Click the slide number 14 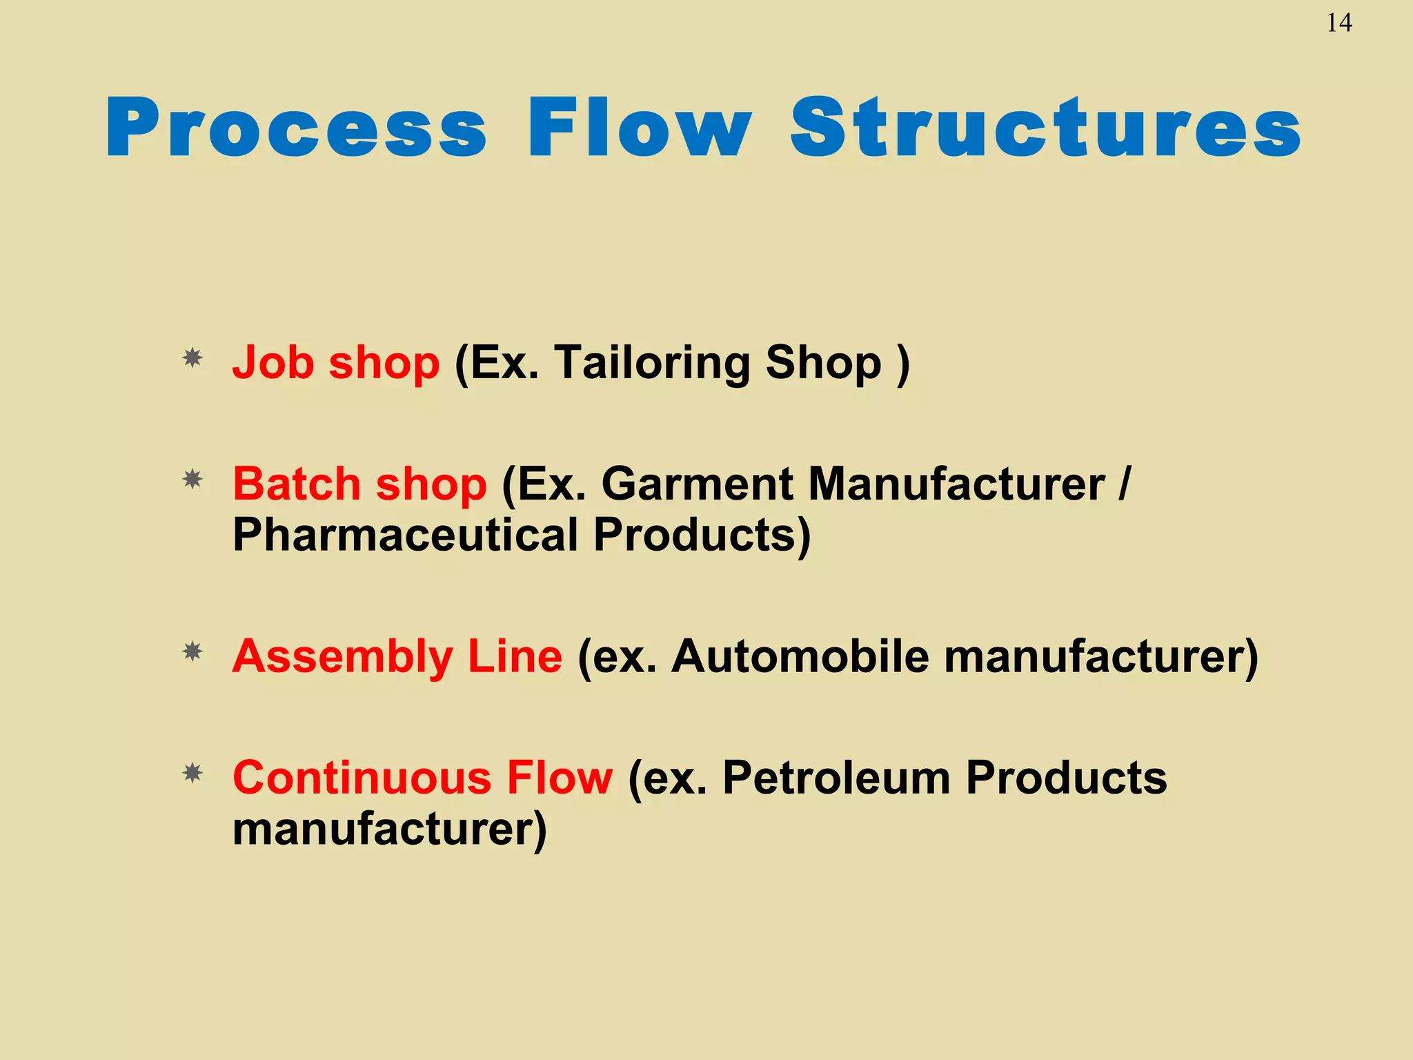tap(1338, 23)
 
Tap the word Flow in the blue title tap(639, 128)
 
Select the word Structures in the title tap(1045, 128)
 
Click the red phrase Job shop tap(335, 363)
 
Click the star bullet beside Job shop tap(192, 358)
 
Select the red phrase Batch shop tap(359, 484)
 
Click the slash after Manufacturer tap(1125, 484)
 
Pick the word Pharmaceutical tap(405, 535)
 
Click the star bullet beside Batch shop tap(192, 479)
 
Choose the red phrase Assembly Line tap(397, 656)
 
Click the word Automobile tap(800, 656)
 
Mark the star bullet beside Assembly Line tap(192, 651)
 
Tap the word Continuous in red tap(362, 778)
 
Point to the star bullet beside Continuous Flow tap(192, 773)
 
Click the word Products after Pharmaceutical tap(701, 535)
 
